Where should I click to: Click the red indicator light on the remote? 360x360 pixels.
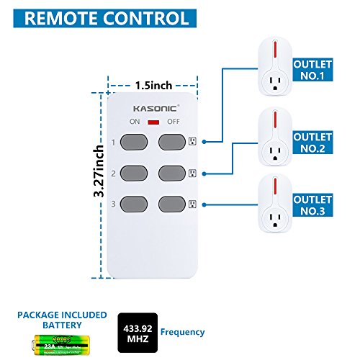point(153,122)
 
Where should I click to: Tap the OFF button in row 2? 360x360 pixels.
point(173,173)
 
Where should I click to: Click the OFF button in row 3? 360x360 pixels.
point(173,204)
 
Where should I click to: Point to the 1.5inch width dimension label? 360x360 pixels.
point(153,86)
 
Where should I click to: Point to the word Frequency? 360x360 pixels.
point(182,333)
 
